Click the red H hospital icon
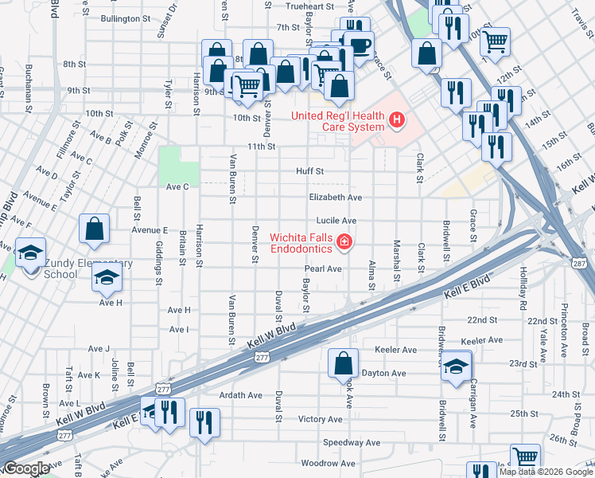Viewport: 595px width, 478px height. point(397,121)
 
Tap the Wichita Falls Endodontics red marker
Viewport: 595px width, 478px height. point(344,241)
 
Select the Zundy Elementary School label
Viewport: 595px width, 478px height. point(60,268)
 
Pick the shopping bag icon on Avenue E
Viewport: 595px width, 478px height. point(95,229)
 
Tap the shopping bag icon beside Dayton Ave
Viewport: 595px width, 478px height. point(343,362)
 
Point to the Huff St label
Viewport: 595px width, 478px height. point(309,170)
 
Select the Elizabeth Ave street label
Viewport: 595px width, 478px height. point(336,197)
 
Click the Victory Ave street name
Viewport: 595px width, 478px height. point(320,418)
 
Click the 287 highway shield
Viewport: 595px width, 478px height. point(578,261)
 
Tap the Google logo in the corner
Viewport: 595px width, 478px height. point(26,468)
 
